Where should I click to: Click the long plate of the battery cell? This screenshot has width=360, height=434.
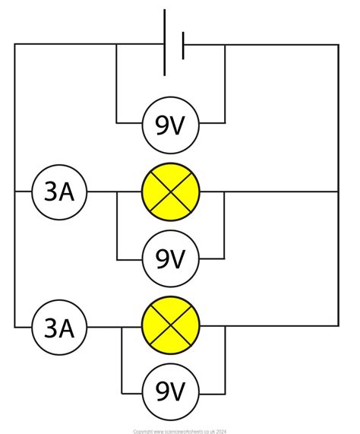point(165,43)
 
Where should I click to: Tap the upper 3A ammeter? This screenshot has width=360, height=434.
point(59,192)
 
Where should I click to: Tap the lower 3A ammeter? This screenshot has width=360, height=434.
point(59,328)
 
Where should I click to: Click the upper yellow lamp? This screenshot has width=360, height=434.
point(170,192)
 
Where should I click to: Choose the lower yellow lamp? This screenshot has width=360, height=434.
point(170,328)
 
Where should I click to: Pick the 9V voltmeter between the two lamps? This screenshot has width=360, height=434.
point(170,260)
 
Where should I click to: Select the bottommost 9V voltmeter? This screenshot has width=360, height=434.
point(170,393)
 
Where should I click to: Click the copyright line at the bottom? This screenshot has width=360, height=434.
point(179,429)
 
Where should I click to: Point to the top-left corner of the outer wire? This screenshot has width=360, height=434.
point(14,44)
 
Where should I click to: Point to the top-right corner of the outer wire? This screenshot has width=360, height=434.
point(339,44)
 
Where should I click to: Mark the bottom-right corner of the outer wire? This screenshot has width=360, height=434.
point(339,328)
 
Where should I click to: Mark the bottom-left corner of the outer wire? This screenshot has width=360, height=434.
point(14,328)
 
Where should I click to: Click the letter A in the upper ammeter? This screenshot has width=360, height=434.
point(68,192)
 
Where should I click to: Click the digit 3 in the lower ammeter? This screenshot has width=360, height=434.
point(50,328)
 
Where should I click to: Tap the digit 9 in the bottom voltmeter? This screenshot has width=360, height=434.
point(161,393)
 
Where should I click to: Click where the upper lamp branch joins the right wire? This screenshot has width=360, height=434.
point(339,192)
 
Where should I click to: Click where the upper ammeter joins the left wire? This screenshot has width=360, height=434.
point(14,192)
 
